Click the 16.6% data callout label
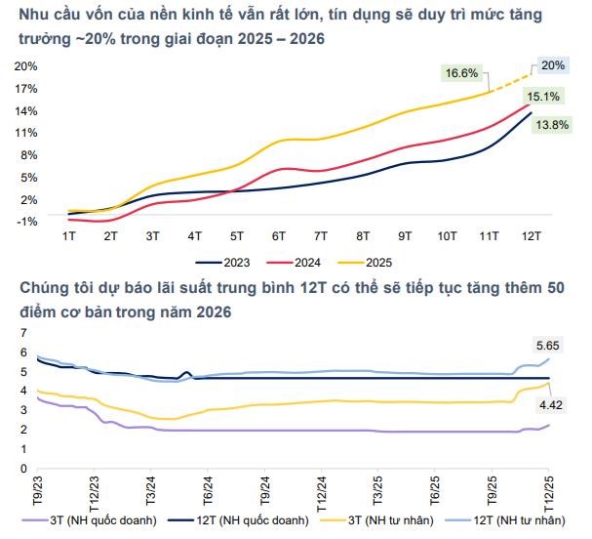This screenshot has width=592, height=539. pos(462,73)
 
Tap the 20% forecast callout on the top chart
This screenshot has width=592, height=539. pos(553,64)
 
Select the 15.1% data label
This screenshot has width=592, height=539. pos(543,97)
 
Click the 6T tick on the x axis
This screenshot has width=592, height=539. pos(279,236)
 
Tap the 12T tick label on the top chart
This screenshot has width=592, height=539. pos(533,236)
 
